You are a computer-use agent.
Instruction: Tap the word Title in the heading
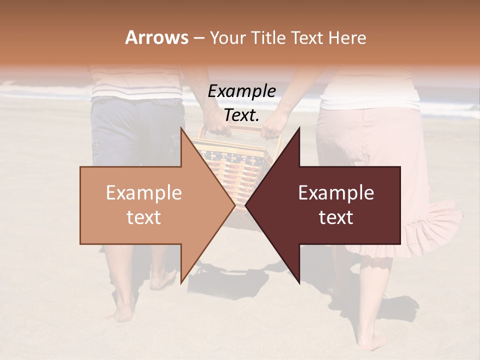pos(267,38)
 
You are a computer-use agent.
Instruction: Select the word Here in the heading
pos(346,38)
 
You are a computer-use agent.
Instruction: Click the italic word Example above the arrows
pos(241,91)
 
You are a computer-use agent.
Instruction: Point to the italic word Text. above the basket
pos(241,115)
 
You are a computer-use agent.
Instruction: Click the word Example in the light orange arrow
pos(144,193)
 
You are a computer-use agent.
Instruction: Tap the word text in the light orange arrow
pos(144,217)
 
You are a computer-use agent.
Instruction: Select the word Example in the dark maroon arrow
pos(336,193)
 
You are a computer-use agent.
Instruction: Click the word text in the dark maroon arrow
pos(336,217)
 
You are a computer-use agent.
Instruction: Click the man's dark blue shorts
pos(135,130)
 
